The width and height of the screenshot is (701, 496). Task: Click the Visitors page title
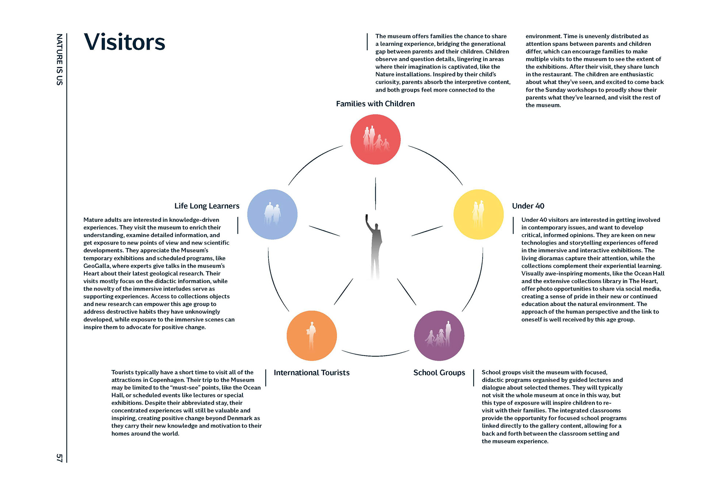click(125, 42)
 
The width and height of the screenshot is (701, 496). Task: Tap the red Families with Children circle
click(375, 140)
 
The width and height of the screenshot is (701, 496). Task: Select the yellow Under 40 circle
click(478, 214)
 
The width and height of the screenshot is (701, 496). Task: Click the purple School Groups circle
click(439, 336)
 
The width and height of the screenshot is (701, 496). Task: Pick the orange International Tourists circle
click(311, 336)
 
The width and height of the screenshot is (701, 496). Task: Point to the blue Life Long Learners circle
click(272, 214)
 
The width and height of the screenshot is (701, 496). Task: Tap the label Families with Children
click(375, 104)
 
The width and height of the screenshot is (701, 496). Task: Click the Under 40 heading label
click(528, 206)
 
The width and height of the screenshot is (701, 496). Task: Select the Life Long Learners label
click(207, 206)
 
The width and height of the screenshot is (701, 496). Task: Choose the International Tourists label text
click(311, 373)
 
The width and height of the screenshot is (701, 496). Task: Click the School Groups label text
click(439, 373)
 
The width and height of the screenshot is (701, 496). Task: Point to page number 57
click(59, 458)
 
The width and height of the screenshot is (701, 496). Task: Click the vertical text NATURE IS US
click(59, 60)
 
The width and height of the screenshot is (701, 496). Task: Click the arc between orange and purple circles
click(375, 355)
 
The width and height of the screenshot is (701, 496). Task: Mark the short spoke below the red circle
click(375, 194)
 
